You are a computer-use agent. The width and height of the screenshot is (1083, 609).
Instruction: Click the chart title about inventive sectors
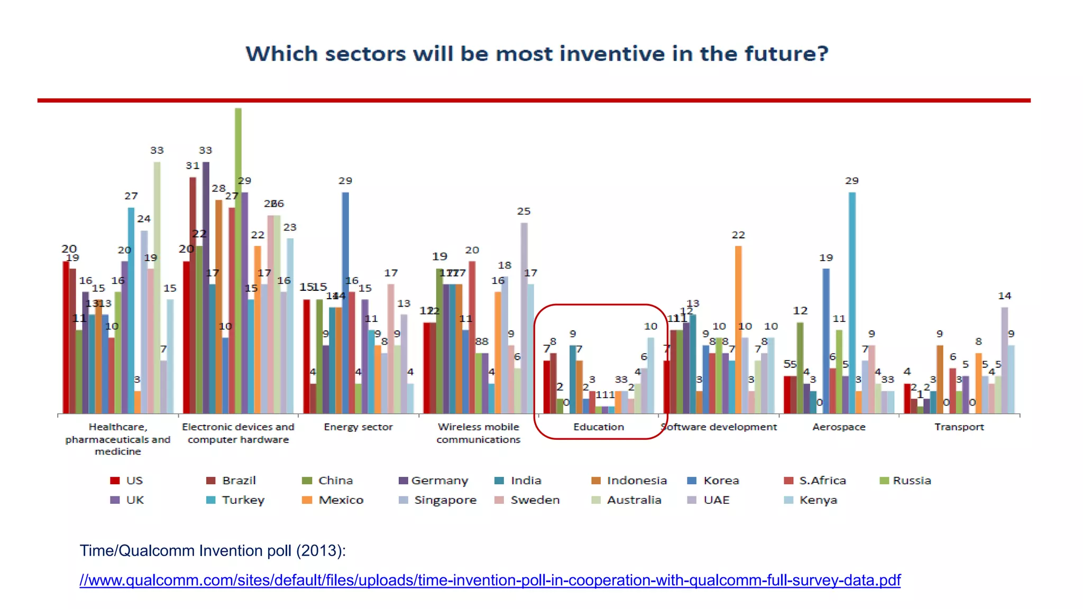[537, 54]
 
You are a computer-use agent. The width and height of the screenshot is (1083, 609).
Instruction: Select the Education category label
[598, 427]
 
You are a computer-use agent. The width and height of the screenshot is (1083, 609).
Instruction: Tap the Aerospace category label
[839, 427]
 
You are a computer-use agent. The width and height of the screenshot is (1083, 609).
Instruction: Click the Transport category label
[959, 427]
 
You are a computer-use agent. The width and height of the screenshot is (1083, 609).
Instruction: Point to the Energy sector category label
[358, 427]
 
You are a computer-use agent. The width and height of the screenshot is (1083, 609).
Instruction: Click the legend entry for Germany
[434, 481]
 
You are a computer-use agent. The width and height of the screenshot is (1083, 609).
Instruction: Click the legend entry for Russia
[906, 481]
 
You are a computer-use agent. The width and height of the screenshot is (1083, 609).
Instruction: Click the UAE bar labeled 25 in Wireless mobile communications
[524, 317]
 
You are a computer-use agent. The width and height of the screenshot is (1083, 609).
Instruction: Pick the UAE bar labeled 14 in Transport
[1005, 359]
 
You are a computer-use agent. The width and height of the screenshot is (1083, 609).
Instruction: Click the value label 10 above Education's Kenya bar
[650, 327]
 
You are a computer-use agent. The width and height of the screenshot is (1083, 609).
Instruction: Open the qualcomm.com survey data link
[490, 580]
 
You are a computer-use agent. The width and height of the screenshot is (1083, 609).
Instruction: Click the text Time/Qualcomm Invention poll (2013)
[213, 550]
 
